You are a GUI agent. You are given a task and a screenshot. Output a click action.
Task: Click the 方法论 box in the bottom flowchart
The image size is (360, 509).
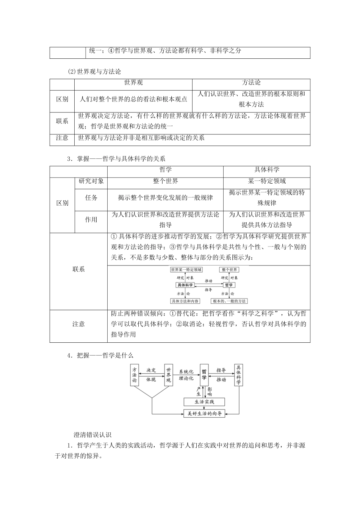click(134, 375)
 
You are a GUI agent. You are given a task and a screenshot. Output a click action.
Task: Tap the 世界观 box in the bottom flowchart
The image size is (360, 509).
click(169, 375)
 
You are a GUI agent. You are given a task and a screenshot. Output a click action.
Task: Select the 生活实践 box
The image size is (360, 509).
click(204, 402)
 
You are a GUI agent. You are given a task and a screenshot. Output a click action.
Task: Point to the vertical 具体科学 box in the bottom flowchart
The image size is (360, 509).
click(238, 375)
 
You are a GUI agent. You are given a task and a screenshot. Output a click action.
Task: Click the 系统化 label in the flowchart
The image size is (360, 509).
click(186, 372)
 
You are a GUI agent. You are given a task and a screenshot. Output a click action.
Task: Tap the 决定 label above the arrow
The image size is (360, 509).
click(151, 370)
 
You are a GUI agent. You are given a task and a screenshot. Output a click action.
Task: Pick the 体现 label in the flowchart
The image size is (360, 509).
click(151, 379)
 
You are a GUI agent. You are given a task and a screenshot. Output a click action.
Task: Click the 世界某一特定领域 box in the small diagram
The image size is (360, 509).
click(186, 270)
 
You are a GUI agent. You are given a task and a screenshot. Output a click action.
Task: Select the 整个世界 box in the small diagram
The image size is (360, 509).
click(229, 270)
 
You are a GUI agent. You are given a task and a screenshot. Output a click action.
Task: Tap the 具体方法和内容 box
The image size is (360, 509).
click(185, 301)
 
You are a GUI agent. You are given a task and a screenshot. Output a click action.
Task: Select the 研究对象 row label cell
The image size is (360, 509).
click(91, 181)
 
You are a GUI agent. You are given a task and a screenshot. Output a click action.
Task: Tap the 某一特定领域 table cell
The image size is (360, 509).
click(267, 181)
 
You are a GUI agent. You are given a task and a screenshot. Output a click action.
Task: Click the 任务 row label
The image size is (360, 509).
click(91, 198)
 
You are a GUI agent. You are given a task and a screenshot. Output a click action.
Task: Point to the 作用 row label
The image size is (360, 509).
click(91, 220)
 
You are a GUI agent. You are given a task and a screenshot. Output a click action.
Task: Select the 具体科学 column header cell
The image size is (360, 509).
click(267, 170)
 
